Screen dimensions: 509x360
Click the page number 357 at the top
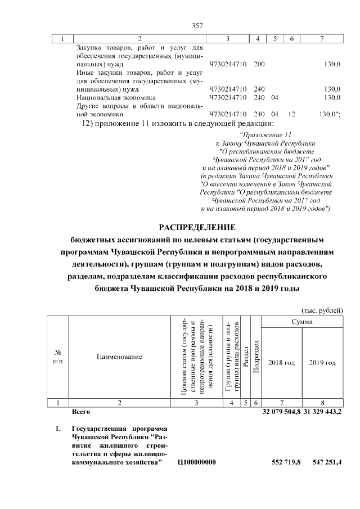(197, 25)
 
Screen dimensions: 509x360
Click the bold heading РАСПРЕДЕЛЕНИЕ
(197, 227)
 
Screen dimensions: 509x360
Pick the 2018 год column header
(281, 363)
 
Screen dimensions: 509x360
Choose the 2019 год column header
(322, 363)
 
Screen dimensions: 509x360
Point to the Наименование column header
(119, 357)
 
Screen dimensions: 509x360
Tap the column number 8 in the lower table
(322, 403)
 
